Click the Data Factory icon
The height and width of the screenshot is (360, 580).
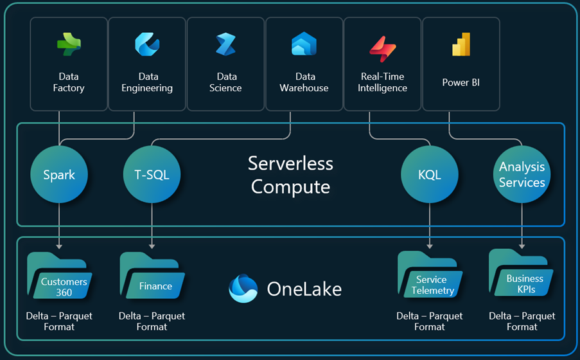click(69, 46)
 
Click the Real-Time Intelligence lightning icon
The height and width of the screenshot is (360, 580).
click(382, 48)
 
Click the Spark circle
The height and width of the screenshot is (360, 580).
click(59, 175)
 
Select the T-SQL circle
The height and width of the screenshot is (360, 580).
click(152, 175)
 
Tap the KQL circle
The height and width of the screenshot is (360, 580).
click(429, 175)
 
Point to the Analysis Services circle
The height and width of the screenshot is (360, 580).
click(522, 175)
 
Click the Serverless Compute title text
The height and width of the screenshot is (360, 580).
click(290, 175)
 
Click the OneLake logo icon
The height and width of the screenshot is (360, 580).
click(243, 289)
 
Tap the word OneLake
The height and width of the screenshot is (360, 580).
click(304, 289)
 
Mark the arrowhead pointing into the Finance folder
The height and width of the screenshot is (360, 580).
click(152, 246)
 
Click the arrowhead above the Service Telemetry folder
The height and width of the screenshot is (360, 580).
click(429, 246)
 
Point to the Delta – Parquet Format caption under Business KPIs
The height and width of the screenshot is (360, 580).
click(522, 321)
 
